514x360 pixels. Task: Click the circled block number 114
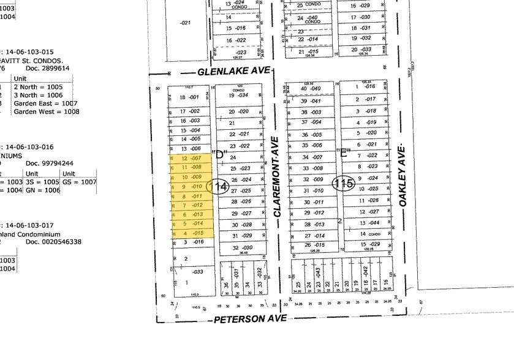(x=219, y=187)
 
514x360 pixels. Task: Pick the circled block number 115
(x=344, y=183)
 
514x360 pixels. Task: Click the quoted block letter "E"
(x=344, y=152)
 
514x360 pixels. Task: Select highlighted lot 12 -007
(x=191, y=158)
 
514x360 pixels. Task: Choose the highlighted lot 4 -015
(x=191, y=233)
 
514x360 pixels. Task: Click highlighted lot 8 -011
(x=191, y=195)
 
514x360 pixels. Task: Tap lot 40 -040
(x=311, y=89)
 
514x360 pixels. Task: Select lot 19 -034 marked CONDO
(x=239, y=96)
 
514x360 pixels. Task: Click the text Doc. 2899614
(x=49, y=69)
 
